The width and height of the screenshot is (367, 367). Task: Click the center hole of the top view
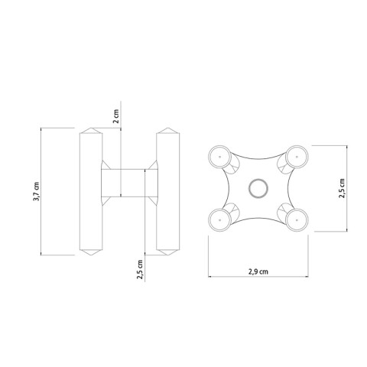click(x=258, y=187)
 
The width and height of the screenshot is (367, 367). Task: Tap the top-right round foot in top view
click(x=295, y=158)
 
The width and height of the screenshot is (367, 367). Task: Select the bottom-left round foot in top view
click(x=219, y=218)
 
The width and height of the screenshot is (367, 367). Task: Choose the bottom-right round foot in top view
click(x=295, y=219)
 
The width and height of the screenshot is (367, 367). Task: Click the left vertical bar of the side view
click(x=91, y=191)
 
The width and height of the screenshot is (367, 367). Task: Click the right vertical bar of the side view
click(x=167, y=191)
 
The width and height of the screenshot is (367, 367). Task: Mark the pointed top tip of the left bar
click(x=91, y=127)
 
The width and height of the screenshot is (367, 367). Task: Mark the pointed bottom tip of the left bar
click(x=91, y=255)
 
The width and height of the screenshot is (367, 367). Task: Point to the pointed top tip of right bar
click(x=167, y=127)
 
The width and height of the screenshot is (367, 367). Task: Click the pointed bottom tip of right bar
click(x=167, y=255)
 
